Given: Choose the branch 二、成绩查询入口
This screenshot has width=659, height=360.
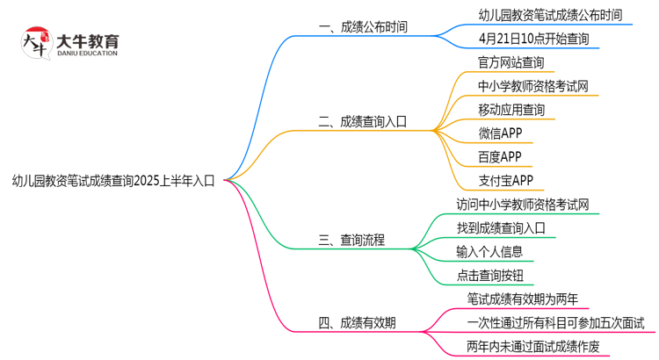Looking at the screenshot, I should (x=362, y=122).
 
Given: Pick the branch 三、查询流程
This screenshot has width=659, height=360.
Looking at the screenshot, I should (x=351, y=240).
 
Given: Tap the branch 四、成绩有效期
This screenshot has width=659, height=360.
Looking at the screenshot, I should (x=357, y=322).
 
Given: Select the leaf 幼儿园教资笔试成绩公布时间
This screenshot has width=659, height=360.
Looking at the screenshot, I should (x=550, y=15).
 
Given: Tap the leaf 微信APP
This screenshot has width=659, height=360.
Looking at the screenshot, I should (x=500, y=133).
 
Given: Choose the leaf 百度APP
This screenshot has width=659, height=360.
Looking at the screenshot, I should (x=500, y=157).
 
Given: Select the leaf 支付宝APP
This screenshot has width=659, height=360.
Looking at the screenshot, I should (x=505, y=181).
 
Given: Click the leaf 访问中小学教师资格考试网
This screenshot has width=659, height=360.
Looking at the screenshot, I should (x=522, y=205).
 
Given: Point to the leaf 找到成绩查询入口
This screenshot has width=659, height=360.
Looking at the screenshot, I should (x=501, y=228).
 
